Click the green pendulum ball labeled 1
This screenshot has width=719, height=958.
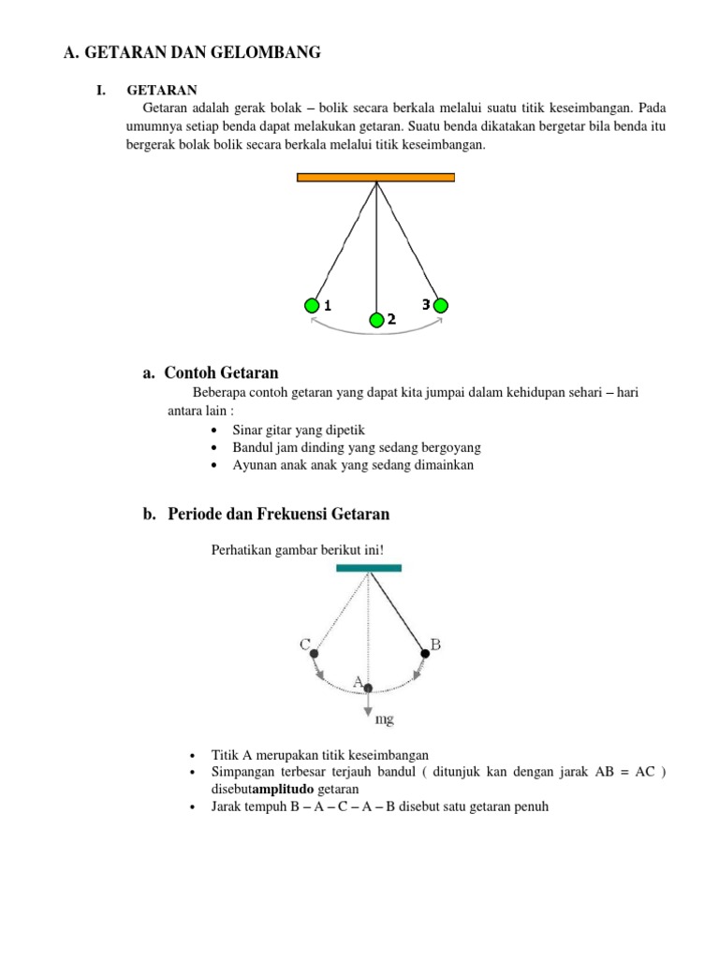pos(312,305)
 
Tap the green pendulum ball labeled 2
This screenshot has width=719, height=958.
pos(376,321)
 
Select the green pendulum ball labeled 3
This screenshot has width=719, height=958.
pos(441,305)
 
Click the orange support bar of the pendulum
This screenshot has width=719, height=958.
pos(375,177)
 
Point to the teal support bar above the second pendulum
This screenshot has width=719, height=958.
pos(369,567)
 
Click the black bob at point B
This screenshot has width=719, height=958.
pos(425,654)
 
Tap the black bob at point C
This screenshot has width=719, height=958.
pos(313,654)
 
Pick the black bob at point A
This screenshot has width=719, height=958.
pos(369,689)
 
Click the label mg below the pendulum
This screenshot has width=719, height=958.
pos(384,718)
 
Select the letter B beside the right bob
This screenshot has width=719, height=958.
pos(435,643)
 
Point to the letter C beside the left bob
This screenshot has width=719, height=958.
pos(304,644)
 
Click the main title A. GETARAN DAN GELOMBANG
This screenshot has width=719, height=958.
pos(192,53)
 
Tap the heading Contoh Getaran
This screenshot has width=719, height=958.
pos(221,372)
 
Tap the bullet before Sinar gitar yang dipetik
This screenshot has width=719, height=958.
pos(215,429)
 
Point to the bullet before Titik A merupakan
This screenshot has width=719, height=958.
pos(191,755)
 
